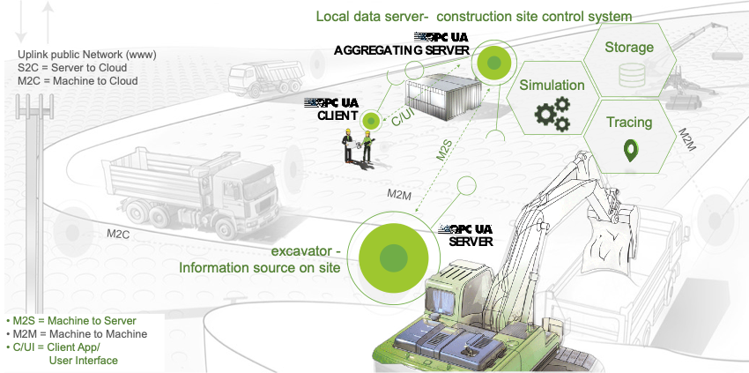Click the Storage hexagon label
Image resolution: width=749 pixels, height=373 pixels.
(x=628, y=48)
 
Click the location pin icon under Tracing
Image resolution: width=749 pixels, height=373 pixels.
(x=629, y=150)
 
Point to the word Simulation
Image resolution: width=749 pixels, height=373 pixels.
(x=552, y=86)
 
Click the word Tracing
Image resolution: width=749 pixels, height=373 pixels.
(x=629, y=123)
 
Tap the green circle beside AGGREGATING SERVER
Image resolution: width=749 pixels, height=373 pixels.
(x=494, y=63)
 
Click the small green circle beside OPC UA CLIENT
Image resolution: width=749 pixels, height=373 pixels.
(x=371, y=121)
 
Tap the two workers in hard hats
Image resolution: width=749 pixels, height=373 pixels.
(x=359, y=146)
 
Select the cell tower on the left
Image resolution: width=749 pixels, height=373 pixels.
(x=33, y=176)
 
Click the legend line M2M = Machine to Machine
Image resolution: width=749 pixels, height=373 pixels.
(x=77, y=334)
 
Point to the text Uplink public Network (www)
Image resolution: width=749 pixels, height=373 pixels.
(x=86, y=54)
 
